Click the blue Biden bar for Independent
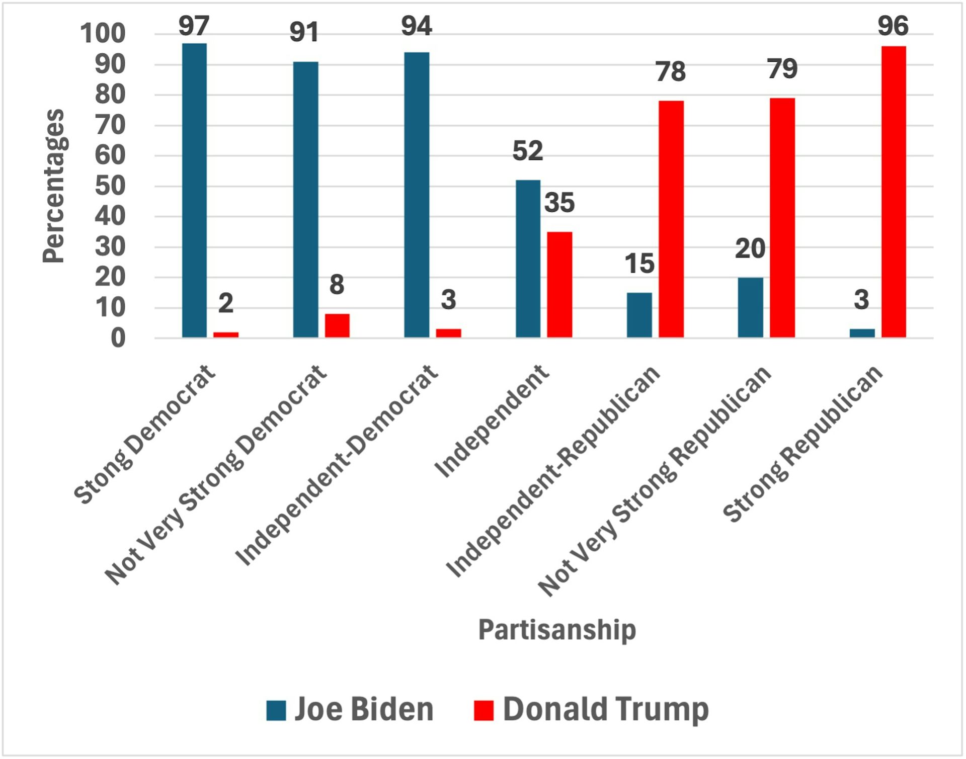tap(528, 259)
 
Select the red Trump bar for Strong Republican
tap(893, 192)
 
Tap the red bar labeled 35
tap(559, 285)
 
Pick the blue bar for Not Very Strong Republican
tap(750, 307)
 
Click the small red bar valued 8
tap(337, 325)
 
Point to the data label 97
tap(194, 26)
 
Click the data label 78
tap(670, 72)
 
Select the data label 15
tap(639, 264)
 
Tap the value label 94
tap(416, 26)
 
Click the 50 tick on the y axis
tap(110, 186)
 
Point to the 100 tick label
tap(103, 34)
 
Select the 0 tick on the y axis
tap(118, 339)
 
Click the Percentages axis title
tap(53, 186)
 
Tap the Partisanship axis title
tap(556, 630)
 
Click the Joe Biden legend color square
tap(276, 710)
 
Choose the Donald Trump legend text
tap(606, 709)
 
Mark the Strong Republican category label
tap(803, 443)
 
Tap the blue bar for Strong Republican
tap(862, 333)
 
